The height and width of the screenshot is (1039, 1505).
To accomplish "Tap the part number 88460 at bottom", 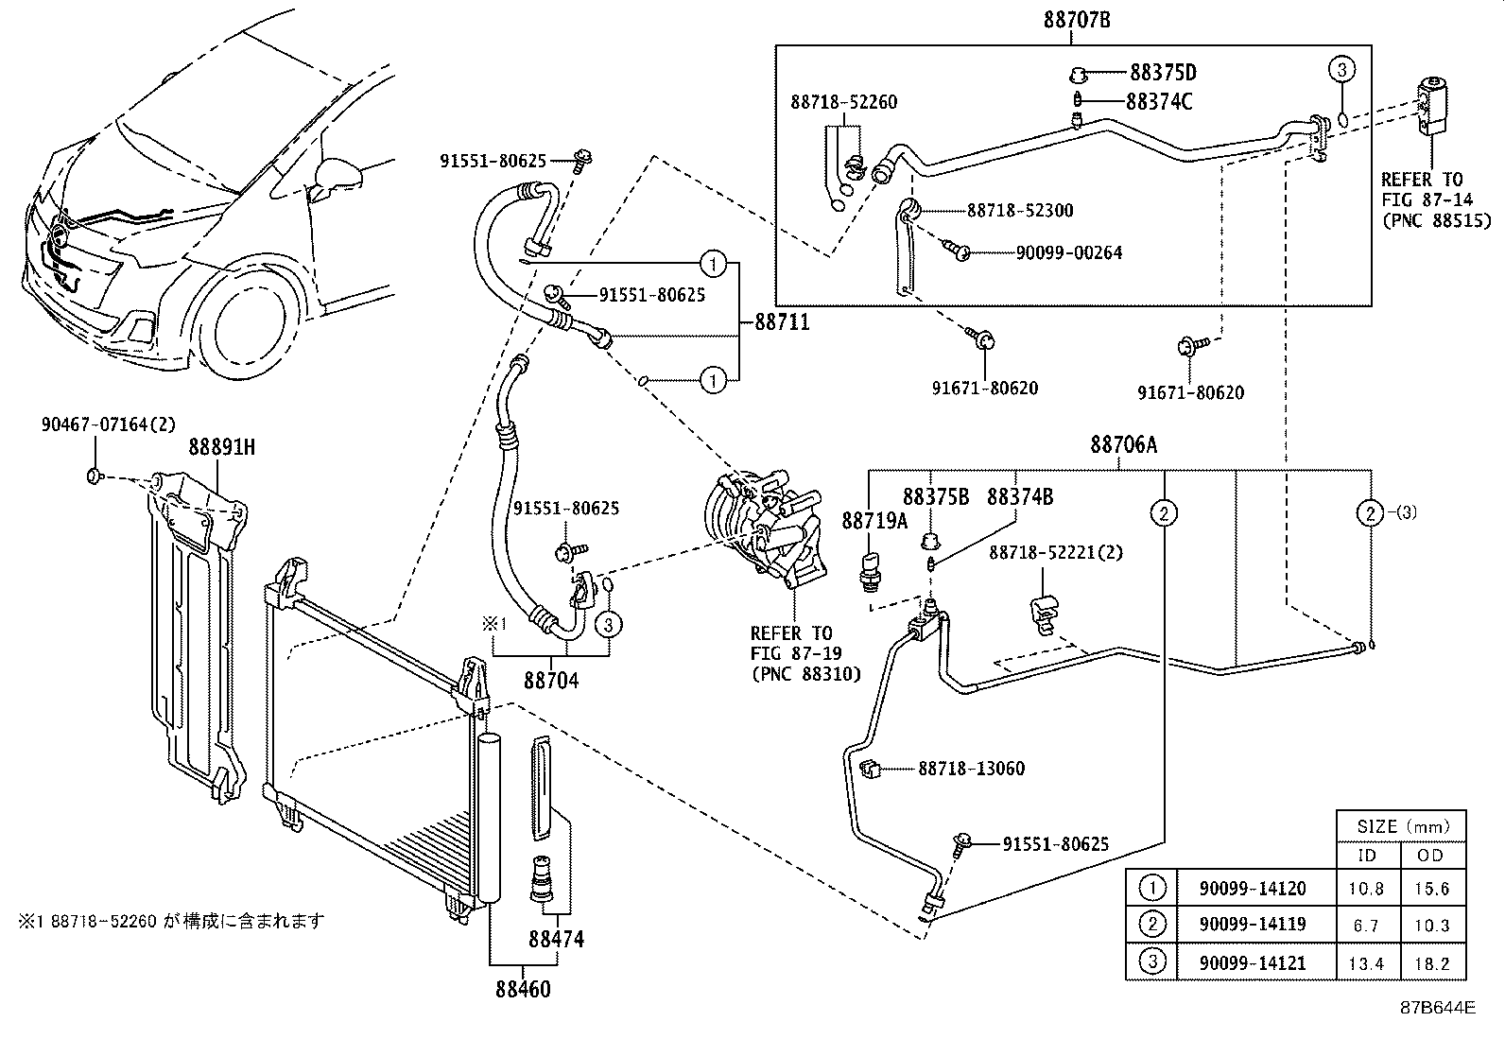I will (x=522, y=989).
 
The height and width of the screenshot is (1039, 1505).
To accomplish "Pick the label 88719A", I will (x=874, y=521).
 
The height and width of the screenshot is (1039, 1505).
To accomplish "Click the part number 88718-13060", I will (x=971, y=769).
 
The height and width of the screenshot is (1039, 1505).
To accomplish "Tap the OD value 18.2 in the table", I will (x=1431, y=963).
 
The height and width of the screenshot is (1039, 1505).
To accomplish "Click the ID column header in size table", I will (x=1366, y=856).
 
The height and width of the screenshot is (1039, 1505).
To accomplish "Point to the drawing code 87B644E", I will (x=1437, y=1007).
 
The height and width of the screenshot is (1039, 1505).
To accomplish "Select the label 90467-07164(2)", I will (x=108, y=425).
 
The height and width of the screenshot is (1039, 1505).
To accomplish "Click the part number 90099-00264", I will (x=1068, y=252).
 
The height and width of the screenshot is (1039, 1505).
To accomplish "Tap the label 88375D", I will (x=1163, y=73).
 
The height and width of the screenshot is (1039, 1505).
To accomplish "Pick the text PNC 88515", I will (x=1435, y=220).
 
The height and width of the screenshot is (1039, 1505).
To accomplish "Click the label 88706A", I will (x=1123, y=444).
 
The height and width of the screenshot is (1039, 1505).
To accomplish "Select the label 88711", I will (x=782, y=322).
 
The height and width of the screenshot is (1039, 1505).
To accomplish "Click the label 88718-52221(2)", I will (x=1056, y=552).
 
